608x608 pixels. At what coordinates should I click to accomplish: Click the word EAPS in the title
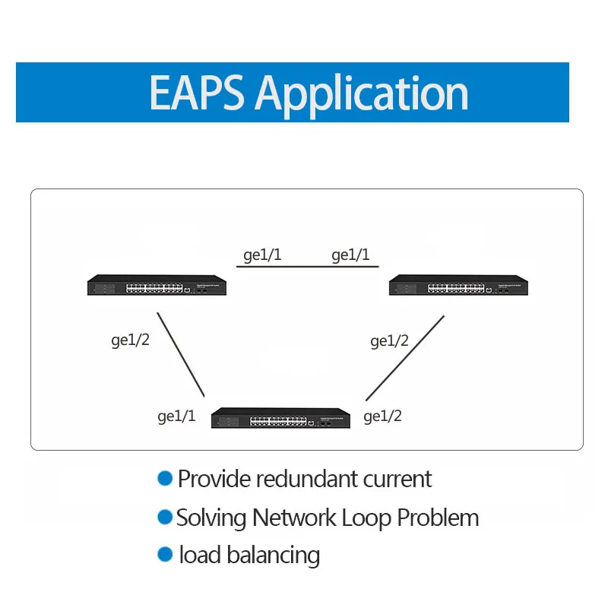[197, 93]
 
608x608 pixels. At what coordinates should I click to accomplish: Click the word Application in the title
[362, 96]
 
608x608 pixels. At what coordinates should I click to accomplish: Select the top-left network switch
[157, 285]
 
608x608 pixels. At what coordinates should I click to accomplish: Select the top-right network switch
[458, 285]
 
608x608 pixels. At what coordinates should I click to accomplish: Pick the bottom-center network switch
[280, 418]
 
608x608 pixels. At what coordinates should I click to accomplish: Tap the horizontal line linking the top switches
[308, 267]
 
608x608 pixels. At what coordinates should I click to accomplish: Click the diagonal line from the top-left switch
[181, 355]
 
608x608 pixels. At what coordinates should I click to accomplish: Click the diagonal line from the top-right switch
[405, 358]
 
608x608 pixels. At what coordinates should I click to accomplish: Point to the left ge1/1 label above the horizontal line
[262, 255]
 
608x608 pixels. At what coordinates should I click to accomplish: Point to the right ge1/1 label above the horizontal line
[350, 255]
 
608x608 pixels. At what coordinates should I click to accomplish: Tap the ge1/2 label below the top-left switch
[130, 340]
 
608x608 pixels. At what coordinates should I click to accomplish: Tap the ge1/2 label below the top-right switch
[389, 341]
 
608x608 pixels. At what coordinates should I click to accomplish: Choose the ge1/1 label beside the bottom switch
[176, 416]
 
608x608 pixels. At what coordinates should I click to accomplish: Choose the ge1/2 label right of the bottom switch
[382, 416]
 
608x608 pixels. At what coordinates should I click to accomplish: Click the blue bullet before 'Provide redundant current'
[165, 478]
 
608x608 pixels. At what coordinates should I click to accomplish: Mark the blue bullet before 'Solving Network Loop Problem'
[165, 518]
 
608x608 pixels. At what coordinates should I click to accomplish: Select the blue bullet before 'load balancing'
[165, 554]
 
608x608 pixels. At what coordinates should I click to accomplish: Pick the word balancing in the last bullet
[274, 556]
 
